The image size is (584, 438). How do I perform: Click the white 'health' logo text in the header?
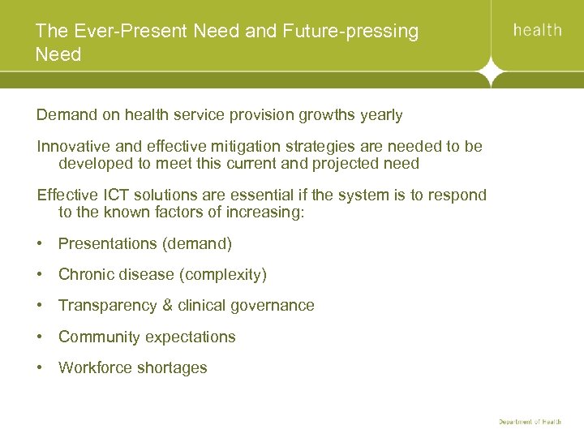(537, 30)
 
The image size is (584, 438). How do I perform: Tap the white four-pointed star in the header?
(492, 74)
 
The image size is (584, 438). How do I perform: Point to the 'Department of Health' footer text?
(530, 422)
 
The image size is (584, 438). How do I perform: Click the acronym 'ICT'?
(114, 195)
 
